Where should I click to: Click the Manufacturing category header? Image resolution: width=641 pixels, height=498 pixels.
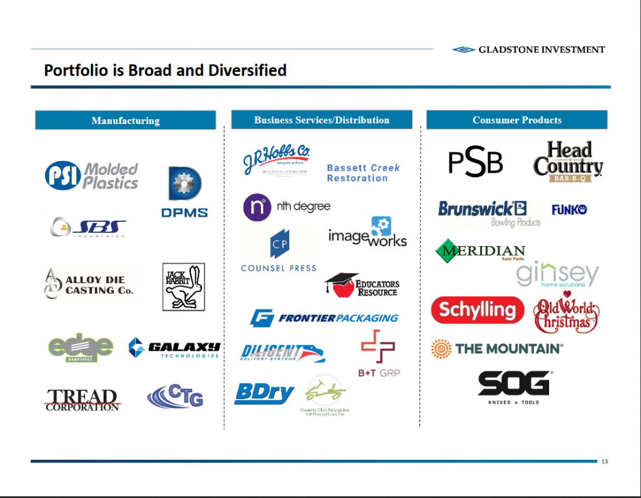tap(125, 120)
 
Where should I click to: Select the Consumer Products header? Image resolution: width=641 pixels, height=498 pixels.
tap(516, 120)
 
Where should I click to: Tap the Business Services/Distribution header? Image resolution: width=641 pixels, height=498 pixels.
tap(321, 120)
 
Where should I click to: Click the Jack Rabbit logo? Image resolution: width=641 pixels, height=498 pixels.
tap(183, 286)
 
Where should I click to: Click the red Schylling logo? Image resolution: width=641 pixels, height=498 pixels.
tap(477, 309)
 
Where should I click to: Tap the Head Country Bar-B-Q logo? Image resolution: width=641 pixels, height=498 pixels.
tap(568, 162)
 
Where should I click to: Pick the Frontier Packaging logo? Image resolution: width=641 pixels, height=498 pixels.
tap(324, 318)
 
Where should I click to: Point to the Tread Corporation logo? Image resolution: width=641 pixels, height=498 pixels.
tap(82, 400)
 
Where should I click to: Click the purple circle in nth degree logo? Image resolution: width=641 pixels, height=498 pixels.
tap(257, 207)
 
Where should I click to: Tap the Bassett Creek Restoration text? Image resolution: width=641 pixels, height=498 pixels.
tap(362, 173)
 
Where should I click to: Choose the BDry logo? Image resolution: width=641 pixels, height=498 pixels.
tap(264, 393)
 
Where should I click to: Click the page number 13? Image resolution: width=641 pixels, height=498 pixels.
tap(603, 462)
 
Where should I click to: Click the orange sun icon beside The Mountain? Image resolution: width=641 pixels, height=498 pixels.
tap(441, 348)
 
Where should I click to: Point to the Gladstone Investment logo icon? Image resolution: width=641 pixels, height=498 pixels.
tap(464, 49)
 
